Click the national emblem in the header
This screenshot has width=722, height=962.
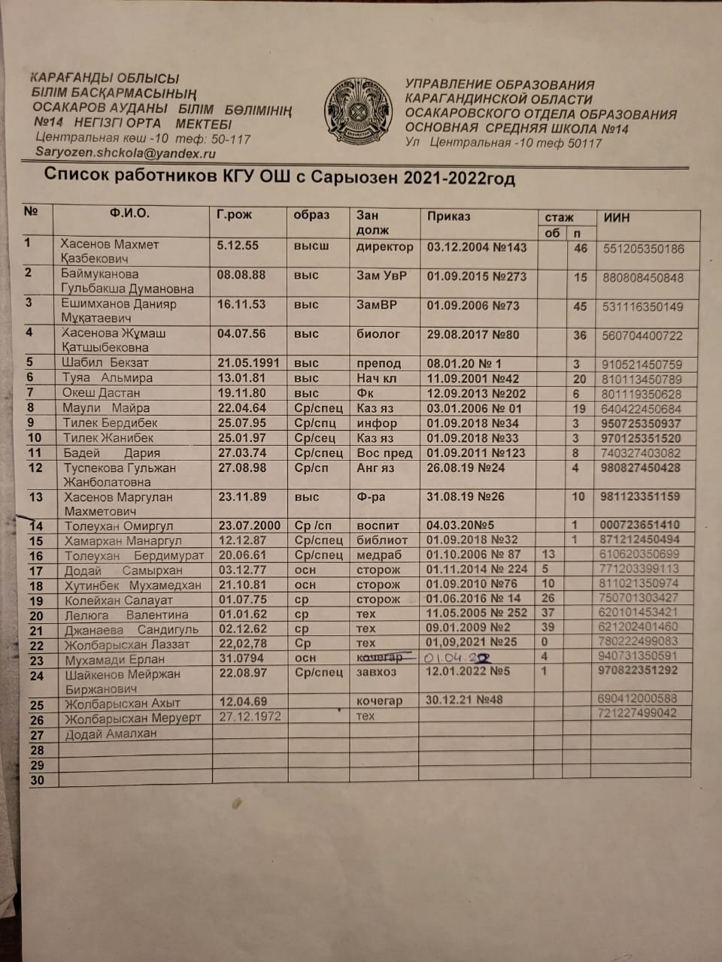(x=358, y=110)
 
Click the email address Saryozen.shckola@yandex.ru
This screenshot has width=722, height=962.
(x=126, y=153)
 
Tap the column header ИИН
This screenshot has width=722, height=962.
(x=617, y=218)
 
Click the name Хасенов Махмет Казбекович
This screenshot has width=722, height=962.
(x=110, y=251)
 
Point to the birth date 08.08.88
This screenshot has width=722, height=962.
(x=241, y=275)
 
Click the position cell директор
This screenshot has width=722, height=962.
(x=384, y=247)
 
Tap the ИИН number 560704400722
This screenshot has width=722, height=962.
(x=642, y=336)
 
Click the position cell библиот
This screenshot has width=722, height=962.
(x=381, y=540)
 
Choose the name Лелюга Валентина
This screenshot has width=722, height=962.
(x=126, y=615)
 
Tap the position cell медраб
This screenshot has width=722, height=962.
(x=379, y=555)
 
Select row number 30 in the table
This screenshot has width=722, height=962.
(x=37, y=780)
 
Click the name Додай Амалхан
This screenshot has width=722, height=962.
(x=111, y=734)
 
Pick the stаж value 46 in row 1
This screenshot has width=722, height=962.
(x=581, y=248)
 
